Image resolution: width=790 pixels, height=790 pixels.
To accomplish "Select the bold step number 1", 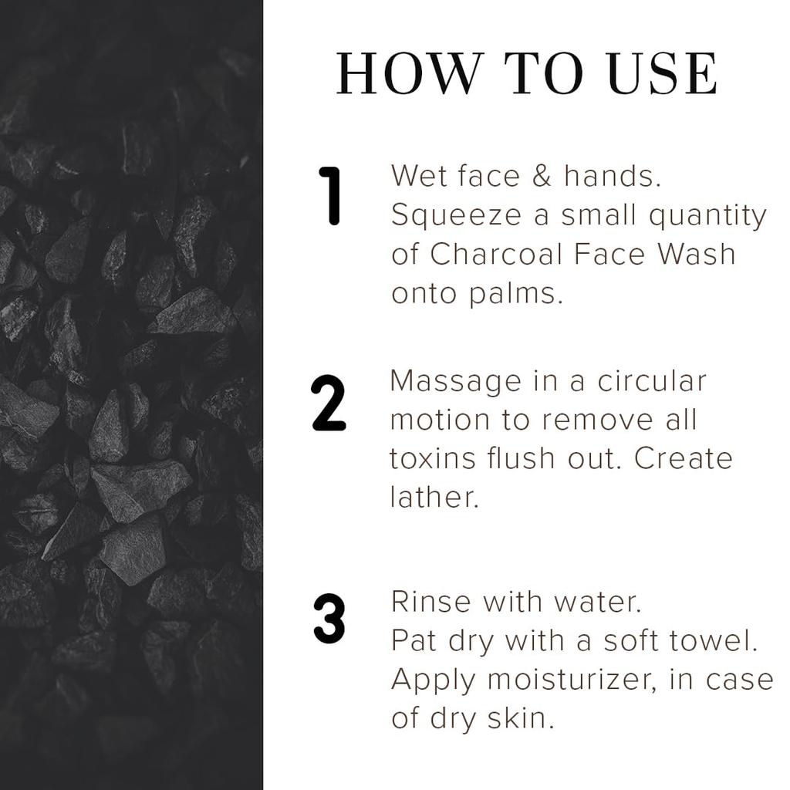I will tap(332, 197).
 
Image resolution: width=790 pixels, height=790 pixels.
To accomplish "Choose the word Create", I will tap(683, 458).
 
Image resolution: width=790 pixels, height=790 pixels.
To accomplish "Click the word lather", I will tap(434, 497).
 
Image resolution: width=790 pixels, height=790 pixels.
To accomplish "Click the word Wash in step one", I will tap(694, 255).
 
